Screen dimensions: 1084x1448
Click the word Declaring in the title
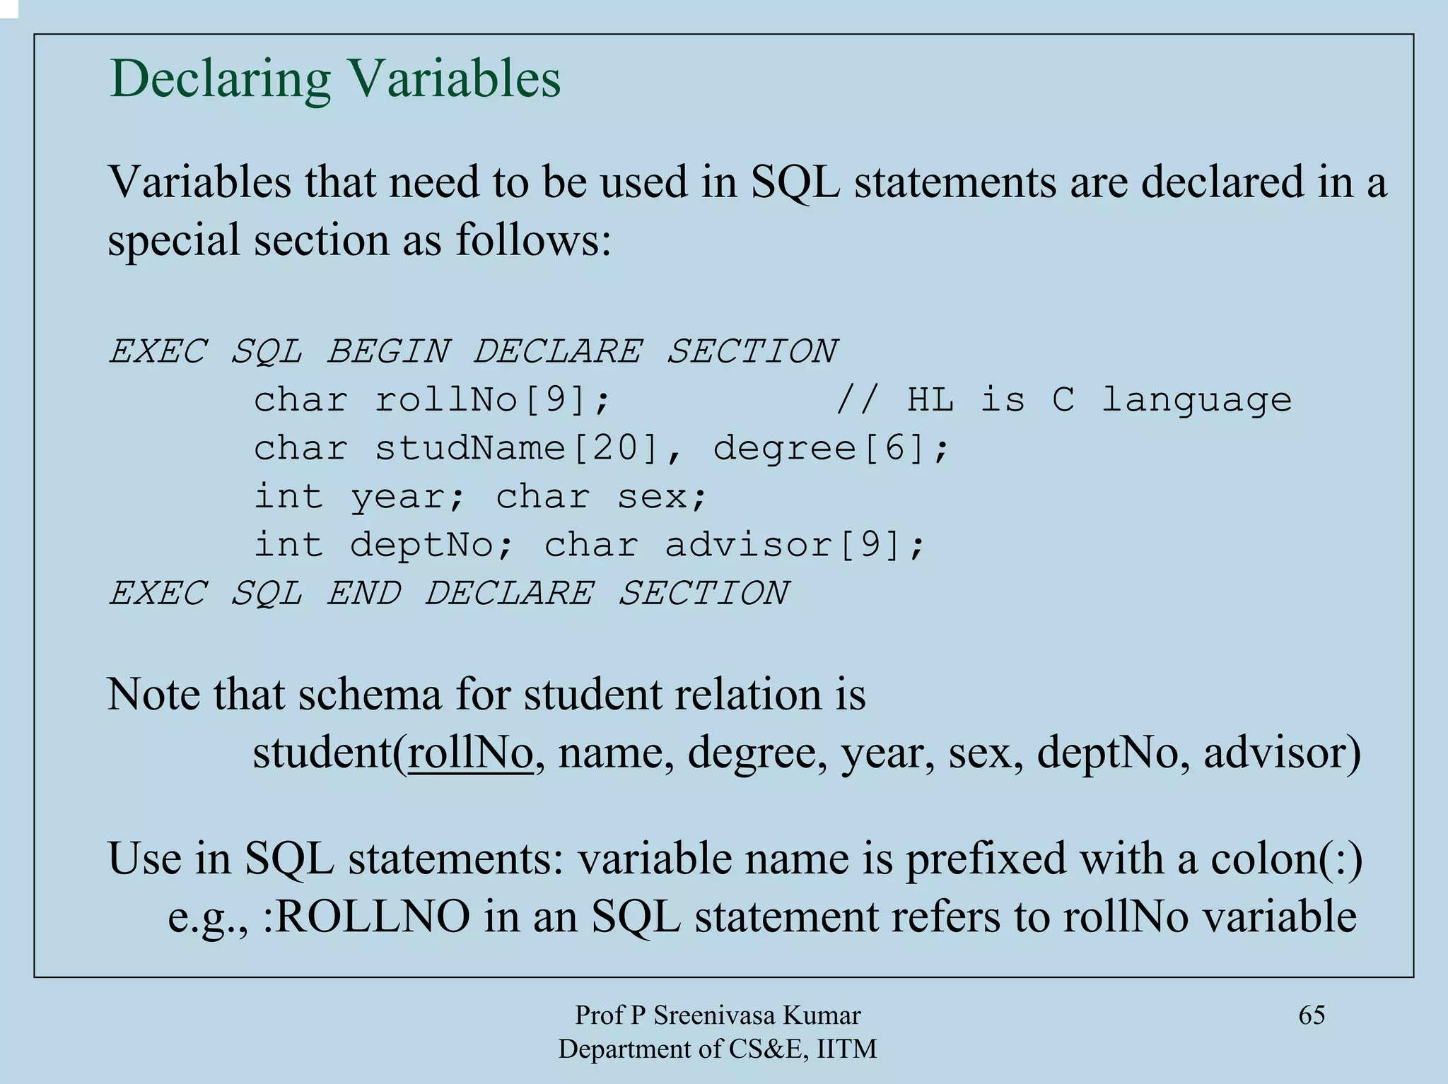coord(220,79)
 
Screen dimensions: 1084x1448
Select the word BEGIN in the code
coord(388,351)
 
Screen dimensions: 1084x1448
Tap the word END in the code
coord(363,592)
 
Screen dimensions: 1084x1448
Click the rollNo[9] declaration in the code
coord(492,401)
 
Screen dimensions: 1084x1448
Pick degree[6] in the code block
coord(830,449)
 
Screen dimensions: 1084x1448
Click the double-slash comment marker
coord(858,401)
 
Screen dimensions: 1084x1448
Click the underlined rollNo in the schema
coord(471,752)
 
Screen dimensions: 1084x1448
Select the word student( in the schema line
coord(329,752)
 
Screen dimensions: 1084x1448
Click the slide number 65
coord(1312,1015)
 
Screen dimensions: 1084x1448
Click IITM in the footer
coord(846,1049)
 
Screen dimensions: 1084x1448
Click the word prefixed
coord(986,859)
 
